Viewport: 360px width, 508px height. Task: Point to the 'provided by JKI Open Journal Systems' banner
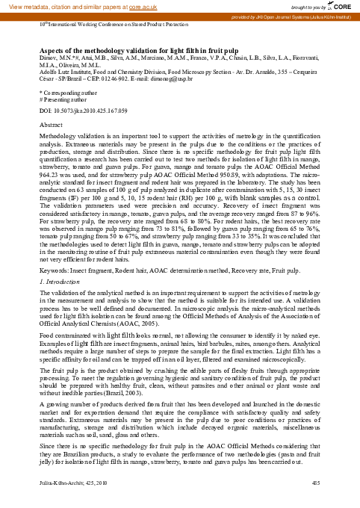pos(297,16)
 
